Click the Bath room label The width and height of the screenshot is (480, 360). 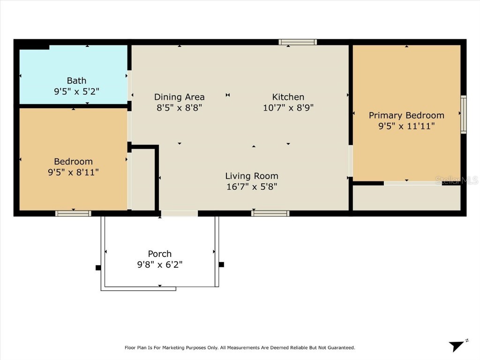[76, 81]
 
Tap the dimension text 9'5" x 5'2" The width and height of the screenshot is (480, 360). [76, 91]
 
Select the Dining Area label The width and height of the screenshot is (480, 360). [180, 97]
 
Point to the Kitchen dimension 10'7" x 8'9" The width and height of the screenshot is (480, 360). [288, 107]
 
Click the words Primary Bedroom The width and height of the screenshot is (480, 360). [406, 115]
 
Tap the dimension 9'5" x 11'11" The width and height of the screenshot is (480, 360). [406, 126]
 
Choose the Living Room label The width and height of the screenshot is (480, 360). [252, 176]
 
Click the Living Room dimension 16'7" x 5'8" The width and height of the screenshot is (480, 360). [252, 187]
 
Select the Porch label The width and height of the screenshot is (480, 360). [159, 254]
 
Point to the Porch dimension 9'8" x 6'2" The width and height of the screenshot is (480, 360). [159, 264]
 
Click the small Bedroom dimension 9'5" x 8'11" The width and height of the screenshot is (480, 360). [73, 172]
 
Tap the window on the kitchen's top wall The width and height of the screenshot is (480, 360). [298, 42]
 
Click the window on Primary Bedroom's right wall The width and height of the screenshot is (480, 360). [464, 114]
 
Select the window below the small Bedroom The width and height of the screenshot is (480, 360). [73, 214]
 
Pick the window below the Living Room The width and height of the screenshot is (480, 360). [270, 214]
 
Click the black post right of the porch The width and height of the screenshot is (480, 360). [221, 264]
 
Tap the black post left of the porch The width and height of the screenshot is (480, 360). [98, 268]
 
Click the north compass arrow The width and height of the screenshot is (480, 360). [457, 346]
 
